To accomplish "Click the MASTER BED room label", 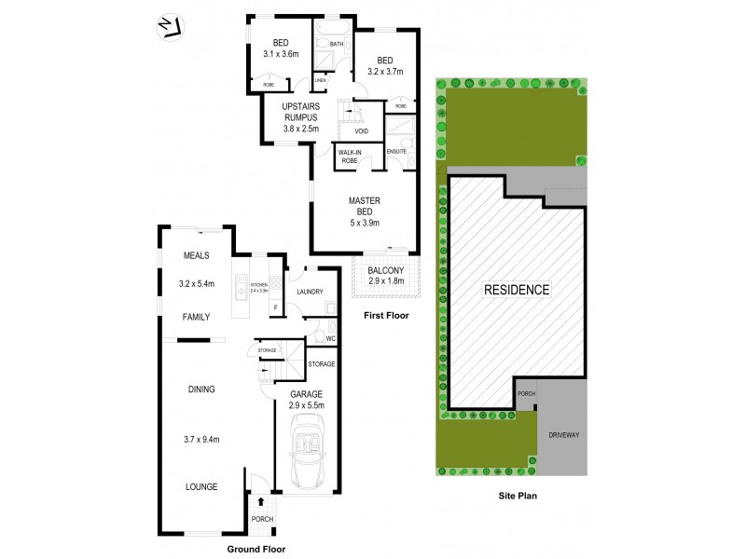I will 363,211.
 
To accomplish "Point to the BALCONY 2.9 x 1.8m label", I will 386,276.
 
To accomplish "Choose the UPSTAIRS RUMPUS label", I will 299,116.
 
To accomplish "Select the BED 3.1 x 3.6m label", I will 281,48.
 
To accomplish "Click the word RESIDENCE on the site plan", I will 516,290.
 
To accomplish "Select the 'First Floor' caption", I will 386,316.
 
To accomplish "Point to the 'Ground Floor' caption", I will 256,550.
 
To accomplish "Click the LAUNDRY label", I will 309,292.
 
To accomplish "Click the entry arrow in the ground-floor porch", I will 260,504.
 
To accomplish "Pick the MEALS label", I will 196,254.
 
